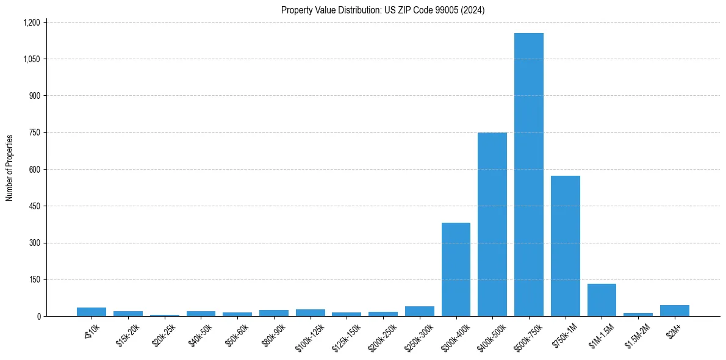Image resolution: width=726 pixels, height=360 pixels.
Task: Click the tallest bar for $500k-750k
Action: pos(528,175)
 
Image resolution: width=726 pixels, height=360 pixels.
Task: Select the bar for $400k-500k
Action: pos(492,225)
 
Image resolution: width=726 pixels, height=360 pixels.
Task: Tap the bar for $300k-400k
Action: pos(456,270)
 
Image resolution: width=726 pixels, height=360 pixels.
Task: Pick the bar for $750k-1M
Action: pos(565,246)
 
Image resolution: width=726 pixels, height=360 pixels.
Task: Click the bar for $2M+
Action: pos(674,311)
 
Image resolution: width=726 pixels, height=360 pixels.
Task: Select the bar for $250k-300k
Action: pos(420,311)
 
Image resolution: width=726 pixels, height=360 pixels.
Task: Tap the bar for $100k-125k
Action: pos(311,313)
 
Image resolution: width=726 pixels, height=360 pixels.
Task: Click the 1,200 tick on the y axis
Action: pos(31,23)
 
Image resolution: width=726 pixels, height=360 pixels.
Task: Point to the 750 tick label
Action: pos(35,133)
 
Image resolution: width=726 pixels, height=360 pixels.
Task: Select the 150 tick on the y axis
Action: pos(35,279)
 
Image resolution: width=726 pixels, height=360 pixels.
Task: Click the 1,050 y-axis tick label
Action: pos(31,59)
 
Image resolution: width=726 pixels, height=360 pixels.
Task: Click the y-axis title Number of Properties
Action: pos(10,168)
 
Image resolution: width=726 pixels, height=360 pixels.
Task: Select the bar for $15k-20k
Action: pos(128,314)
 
